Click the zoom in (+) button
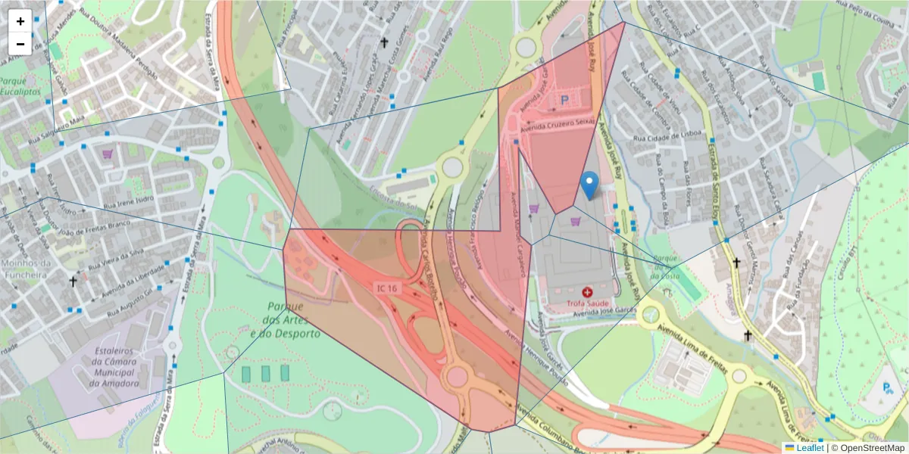click(20, 21)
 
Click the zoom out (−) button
click(20, 44)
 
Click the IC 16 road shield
click(387, 288)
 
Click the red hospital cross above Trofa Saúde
click(587, 291)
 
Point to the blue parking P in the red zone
click(564, 99)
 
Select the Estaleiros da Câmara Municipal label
click(116, 367)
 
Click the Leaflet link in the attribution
click(810, 448)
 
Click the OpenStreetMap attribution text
click(868, 448)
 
